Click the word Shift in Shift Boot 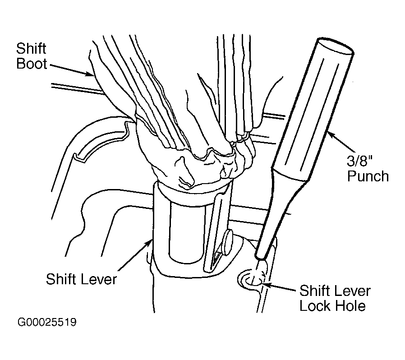[31, 49]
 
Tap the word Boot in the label [32, 63]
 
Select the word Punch [368, 176]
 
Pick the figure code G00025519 [47, 322]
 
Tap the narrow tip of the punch [260, 257]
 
